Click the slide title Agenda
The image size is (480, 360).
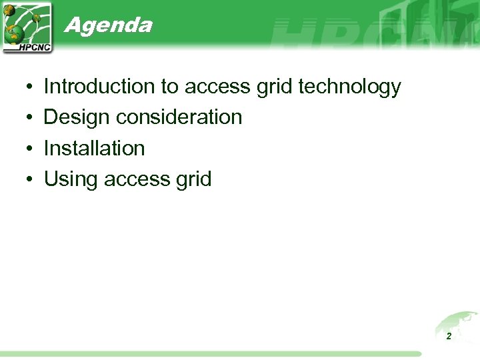click(108, 25)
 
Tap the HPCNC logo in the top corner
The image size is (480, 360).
click(27, 27)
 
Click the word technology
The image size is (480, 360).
click(350, 87)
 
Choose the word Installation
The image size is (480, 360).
click(94, 148)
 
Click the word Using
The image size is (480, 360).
click(71, 179)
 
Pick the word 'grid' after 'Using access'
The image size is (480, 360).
click(192, 179)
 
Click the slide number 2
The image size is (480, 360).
click(449, 337)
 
